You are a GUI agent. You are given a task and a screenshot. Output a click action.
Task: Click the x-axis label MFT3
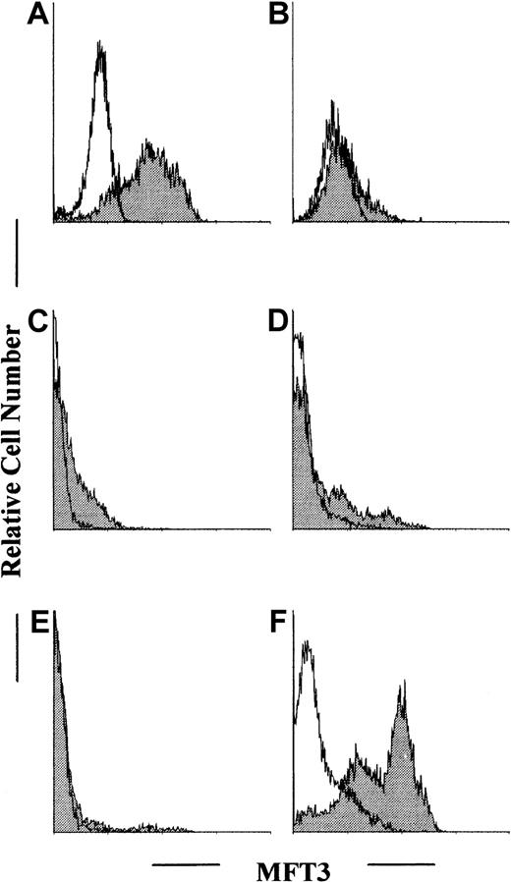294,865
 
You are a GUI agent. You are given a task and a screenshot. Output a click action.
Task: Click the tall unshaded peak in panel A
100,59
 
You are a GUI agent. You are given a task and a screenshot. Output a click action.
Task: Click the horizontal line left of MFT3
186,865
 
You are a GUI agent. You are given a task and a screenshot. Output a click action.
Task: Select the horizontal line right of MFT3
401,865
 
